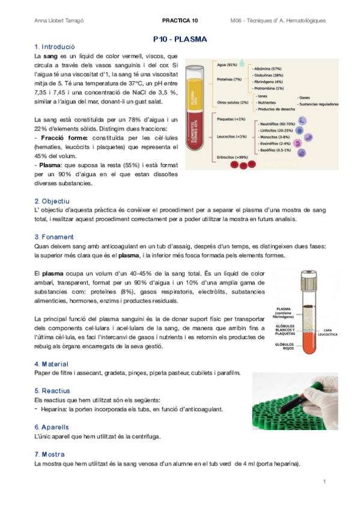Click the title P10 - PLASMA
(x=180, y=39)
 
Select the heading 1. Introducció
(x=55, y=47)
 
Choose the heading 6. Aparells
(x=52, y=426)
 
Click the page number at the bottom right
(x=324, y=482)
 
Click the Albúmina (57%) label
(x=268, y=69)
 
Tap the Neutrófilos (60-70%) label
(x=275, y=123)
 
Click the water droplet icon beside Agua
(x=242, y=63)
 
